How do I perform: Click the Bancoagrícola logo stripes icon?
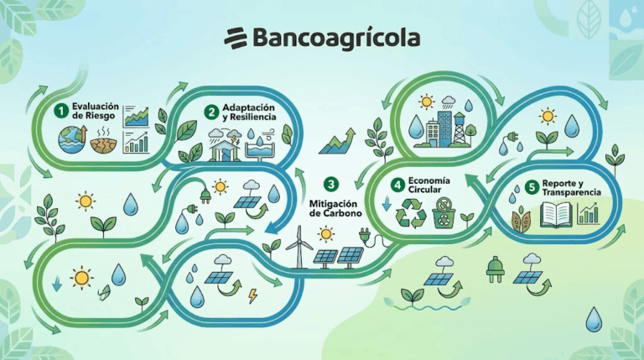[x=236, y=38]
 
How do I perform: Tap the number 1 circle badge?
[x=61, y=111]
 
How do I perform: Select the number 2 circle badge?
[x=212, y=112]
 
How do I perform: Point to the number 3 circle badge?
[x=331, y=184]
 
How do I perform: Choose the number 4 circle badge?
[x=397, y=185]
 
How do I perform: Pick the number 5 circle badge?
[x=532, y=187]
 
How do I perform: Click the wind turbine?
[x=299, y=247]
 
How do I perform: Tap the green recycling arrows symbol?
[x=411, y=213]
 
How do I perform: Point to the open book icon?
[x=557, y=214]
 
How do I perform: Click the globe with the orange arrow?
[x=73, y=139]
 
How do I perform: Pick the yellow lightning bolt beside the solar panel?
[x=252, y=295]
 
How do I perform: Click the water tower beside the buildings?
[x=460, y=128]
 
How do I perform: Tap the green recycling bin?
[x=444, y=213]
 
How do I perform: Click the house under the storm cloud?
[x=224, y=150]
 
